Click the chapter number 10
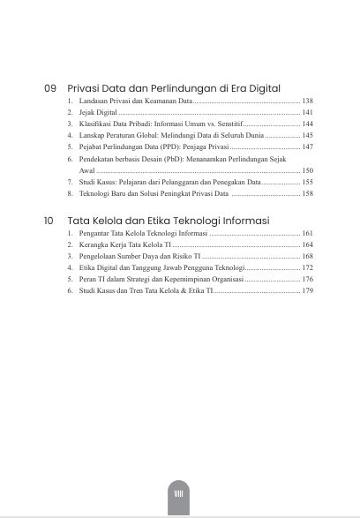[x=50, y=220]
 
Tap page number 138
[x=307, y=102]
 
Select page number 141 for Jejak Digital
[x=307, y=114]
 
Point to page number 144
[x=307, y=125]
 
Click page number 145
[x=307, y=137]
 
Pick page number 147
[x=307, y=147]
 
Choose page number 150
[x=307, y=170]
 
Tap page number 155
[x=307, y=181]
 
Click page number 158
[x=307, y=192]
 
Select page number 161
[x=307, y=233]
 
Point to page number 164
[x=307, y=244]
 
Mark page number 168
[x=307, y=256]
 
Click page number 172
[x=307, y=267]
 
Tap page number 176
[x=307, y=278]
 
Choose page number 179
[x=307, y=289]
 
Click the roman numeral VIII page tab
[x=180, y=494]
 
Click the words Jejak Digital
[x=98, y=114]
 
